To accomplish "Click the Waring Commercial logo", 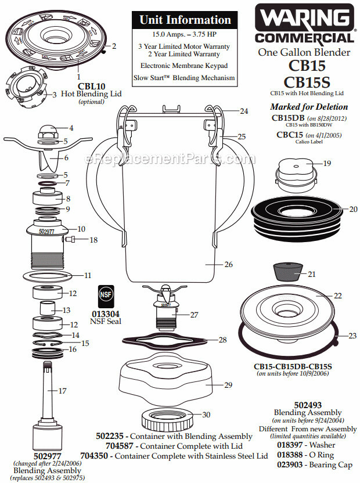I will coord(307,24).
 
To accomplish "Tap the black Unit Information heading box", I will coord(185,20).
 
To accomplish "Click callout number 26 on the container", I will coord(228,264).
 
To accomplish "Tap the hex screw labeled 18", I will coord(72,239).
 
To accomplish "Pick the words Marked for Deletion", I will coord(309,107).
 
